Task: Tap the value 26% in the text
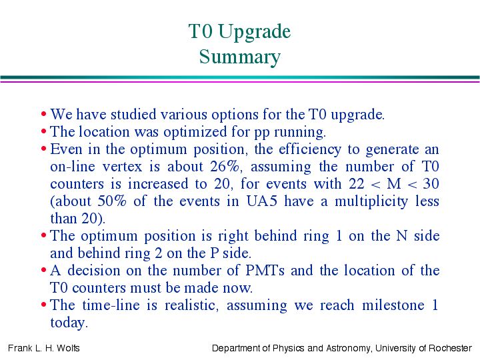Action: coord(225,167)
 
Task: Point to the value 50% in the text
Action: coord(112,201)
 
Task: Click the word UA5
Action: coord(262,201)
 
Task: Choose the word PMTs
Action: coord(265,271)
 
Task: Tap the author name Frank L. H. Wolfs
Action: coord(44,348)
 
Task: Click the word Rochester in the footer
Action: coord(450,348)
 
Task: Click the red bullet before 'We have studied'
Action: coord(43,114)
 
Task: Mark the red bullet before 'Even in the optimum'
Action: coord(43,149)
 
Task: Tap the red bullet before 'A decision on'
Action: coord(43,270)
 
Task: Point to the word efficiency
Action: coord(310,150)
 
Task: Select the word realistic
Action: coord(191,305)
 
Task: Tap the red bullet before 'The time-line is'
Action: coord(43,305)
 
